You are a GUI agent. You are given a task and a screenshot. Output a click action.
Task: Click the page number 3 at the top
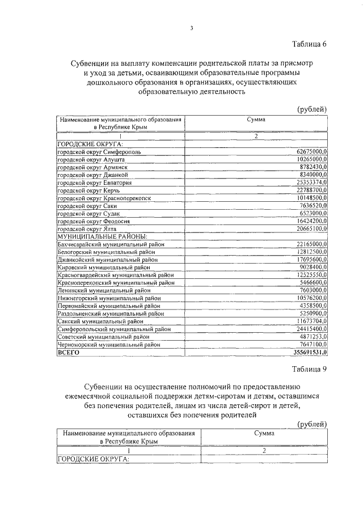[192, 29]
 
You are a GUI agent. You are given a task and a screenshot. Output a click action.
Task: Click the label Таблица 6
[310, 44]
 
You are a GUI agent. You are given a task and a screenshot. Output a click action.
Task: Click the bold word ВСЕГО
[69, 352]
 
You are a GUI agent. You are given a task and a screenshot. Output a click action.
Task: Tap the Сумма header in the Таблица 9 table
[263, 433]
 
